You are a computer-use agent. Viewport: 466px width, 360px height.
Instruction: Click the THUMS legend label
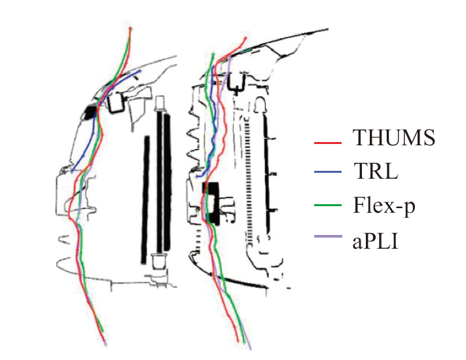(x=394, y=137)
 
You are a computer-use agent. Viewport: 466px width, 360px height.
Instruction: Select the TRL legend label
(x=376, y=171)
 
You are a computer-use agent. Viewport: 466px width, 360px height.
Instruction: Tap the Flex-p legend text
(x=384, y=206)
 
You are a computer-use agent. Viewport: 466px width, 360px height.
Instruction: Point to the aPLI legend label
(x=375, y=241)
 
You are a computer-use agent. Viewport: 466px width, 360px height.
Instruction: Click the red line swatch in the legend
(x=328, y=143)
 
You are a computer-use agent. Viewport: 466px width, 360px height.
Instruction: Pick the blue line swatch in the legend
(x=328, y=171)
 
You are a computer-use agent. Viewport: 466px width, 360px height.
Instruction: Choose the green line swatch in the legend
(x=328, y=205)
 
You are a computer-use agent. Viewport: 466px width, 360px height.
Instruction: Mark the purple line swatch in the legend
(x=328, y=236)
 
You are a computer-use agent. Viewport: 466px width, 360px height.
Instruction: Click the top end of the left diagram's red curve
(x=130, y=28)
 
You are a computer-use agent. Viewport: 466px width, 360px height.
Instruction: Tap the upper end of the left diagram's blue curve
(x=140, y=71)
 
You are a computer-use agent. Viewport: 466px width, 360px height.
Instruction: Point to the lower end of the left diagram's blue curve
(x=72, y=171)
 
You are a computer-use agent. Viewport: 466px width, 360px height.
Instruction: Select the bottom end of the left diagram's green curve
(x=103, y=331)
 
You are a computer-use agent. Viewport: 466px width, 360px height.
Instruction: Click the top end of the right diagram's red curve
(x=246, y=37)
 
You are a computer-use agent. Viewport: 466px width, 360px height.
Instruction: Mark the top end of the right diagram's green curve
(x=213, y=54)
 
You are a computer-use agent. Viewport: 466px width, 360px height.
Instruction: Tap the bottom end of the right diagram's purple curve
(x=251, y=349)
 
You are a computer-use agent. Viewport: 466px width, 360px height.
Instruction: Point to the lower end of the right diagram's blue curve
(x=198, y=177)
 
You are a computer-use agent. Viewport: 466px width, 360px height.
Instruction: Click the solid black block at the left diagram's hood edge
(x=90, y=113)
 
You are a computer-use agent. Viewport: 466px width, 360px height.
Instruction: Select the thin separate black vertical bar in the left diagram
(x=145, y=200)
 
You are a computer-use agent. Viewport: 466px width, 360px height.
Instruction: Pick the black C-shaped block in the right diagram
(x=211, y=203)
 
